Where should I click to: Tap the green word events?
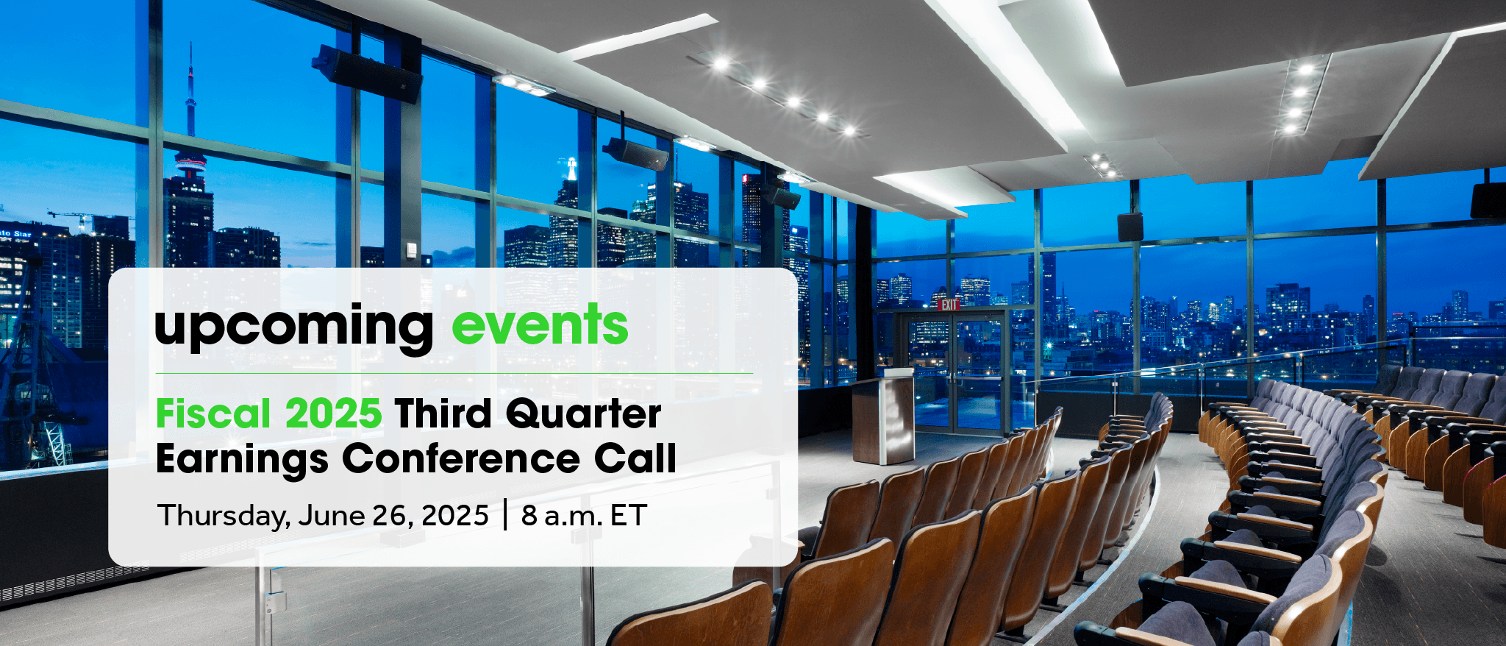click(540, 324)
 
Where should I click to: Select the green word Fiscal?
click(213, 413)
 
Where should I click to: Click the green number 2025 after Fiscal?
click(333, 413)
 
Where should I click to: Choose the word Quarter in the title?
click(584, 414)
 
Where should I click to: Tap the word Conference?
click(460, 458)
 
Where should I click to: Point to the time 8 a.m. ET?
click(584, 515)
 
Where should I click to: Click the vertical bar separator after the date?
click(505, 514)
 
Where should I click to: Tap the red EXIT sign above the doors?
click(949, 305)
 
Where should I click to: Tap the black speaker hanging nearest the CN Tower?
click(367, 74)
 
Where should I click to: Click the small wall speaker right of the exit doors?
click(1130, 227)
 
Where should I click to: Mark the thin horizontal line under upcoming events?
click(454, 374)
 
